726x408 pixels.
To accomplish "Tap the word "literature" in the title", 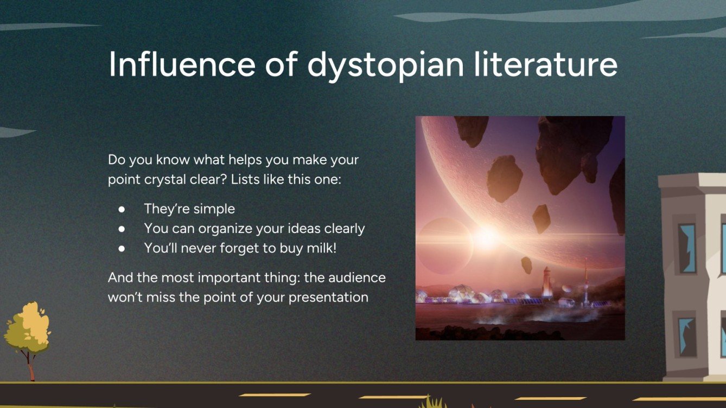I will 548,64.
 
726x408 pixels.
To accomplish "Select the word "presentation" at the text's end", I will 328,297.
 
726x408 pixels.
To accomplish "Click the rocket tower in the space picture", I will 546,282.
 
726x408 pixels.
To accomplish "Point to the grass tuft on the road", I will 432,402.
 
